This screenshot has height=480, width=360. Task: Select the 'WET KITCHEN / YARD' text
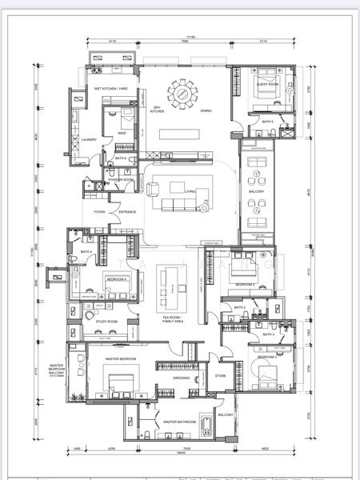point(111,88)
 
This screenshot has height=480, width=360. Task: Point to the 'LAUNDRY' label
point(89,139)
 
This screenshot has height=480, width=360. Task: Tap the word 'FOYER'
point(99,212)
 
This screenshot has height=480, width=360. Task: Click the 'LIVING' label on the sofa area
point(190,192)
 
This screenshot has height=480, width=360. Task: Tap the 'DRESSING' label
point(181,378)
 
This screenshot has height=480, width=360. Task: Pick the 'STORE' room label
point(221,375)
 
